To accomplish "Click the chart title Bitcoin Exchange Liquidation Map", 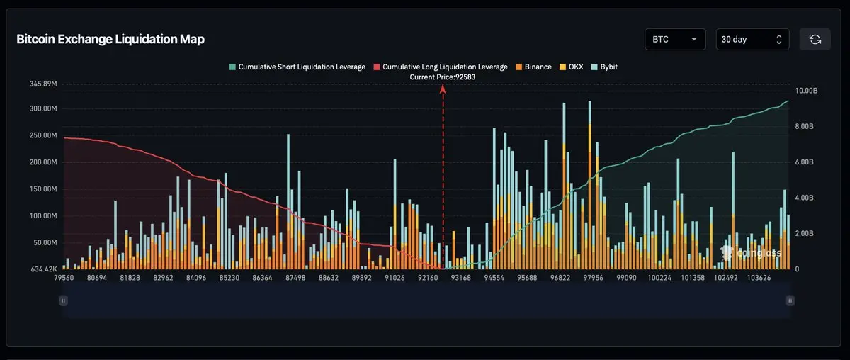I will pyautogui.click(x=110, y=40).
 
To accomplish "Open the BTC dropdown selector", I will pyautogui.click(x=674, y=40).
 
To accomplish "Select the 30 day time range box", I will pyautogui.click(x=752, y=40).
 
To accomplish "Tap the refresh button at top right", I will pyautogui.click(x=815, y=40).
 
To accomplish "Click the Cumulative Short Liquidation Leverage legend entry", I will pyautogui.click(x=297, y=67).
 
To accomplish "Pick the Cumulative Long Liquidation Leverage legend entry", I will pyautogui.click(x=440, y=67).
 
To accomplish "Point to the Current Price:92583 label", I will pyautogui.click(x=443, y=77).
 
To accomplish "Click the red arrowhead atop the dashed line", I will pyautogui.click(x=443, y=89).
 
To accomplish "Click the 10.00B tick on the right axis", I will pyautogui.click(x=807, y=91).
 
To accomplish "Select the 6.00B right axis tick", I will pyautogui.click(x=805, y=162).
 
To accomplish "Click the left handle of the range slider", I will pyautogui.click(x=63, y=300).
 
